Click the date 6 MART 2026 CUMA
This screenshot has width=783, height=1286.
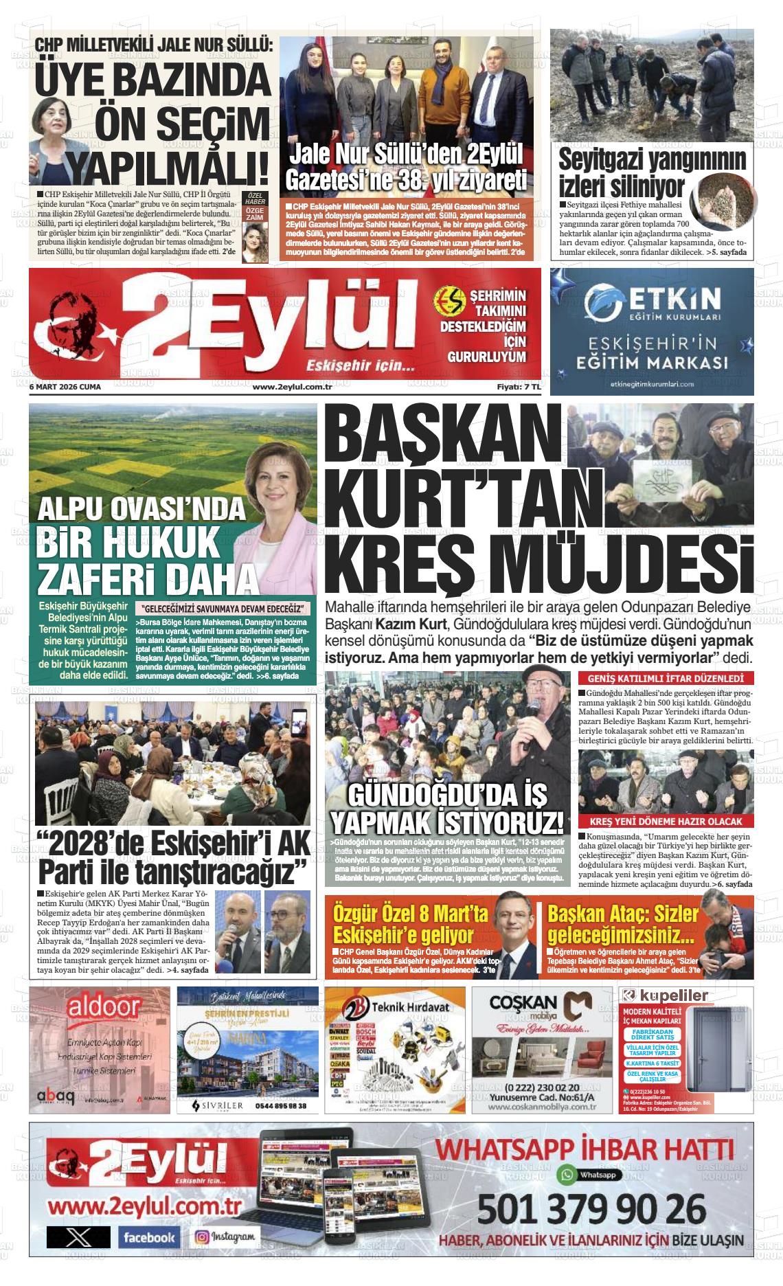(65, 387)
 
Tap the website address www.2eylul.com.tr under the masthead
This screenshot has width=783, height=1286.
(293, 387)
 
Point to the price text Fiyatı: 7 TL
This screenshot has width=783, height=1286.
(519, 387)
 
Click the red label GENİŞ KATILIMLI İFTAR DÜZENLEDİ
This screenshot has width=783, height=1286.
(666, 678)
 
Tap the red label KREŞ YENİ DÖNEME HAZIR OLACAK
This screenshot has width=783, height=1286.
(666, 822)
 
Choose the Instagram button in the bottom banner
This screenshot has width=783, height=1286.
(227, 1237)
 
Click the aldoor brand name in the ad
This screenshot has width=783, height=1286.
(104, 1008)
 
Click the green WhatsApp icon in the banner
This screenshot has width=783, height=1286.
(567, 1174)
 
